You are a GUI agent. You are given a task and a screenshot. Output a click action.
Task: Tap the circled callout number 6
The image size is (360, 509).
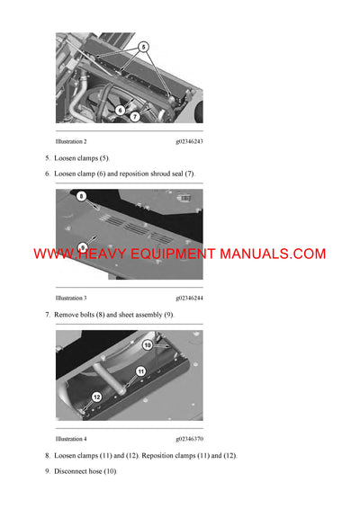(x=120, y=110)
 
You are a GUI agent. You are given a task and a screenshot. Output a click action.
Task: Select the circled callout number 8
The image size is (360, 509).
(x=81, y=195)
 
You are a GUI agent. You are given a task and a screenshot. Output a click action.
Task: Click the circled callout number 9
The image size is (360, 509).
(x=82, y=248)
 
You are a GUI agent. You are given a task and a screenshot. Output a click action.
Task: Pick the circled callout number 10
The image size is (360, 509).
(x=148, y=344)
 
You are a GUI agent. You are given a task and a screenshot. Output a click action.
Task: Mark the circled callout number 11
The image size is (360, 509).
(x=140, y=371)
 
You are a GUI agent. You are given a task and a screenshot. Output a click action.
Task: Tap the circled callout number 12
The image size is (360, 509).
(x=96, y=396)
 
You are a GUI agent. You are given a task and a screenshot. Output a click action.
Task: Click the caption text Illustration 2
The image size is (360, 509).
(x=71, y=142)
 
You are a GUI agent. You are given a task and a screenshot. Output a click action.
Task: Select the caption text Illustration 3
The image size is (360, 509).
(x=71, y=298)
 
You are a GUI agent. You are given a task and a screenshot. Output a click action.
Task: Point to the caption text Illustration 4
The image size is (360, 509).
(x=71, y=439)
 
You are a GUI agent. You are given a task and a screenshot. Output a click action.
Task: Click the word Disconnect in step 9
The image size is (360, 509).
(x=71, y=471)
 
